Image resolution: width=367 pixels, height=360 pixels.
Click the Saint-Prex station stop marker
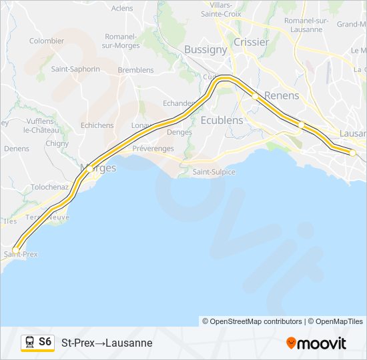(x=16, y=250)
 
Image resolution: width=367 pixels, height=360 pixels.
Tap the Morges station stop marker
(x=90, y=169)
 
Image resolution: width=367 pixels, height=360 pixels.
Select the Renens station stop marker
(x=255, y=97)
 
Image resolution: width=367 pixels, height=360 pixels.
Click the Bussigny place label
(x=206, y=49)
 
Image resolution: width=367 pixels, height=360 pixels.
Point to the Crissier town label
(x=251, y=41)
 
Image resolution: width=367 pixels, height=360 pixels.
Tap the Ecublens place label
(x=222, y=120)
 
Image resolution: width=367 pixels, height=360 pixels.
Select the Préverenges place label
(x=153, y=149)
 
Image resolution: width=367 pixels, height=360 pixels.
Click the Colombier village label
(x=47, y=41)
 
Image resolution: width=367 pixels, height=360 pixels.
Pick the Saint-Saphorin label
(x=75, y=69)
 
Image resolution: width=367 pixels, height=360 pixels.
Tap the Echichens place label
(x=97, y=125)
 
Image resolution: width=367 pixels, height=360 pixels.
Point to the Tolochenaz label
(x=50, y=187)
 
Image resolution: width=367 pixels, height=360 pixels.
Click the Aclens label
(x=122, y=8)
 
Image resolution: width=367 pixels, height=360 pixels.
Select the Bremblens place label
(x=135, y=70)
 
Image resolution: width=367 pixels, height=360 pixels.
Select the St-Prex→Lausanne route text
(x=107, y=343)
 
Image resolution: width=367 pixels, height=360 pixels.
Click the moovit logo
(x=316, y=343)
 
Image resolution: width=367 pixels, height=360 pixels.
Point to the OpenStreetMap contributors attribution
(x=252, y=321)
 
